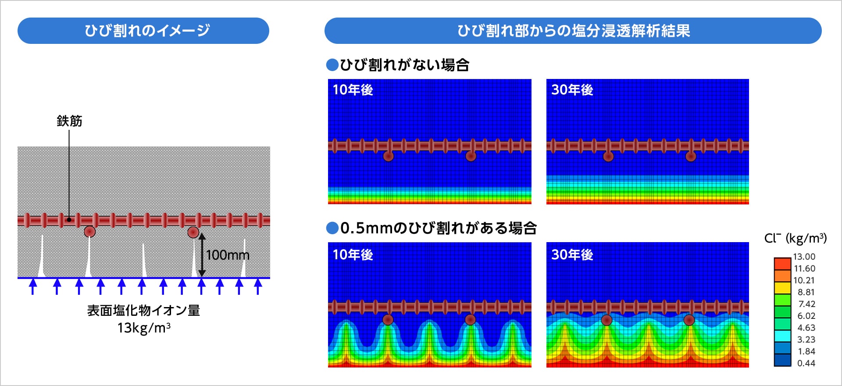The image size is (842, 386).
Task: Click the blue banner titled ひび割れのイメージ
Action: pyautogui.click(x=143, y=31)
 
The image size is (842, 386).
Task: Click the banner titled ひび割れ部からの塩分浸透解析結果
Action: pyautogui.click(x=573, y=31)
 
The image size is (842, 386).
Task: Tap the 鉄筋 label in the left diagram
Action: pyautogui.click(x=69, y=121)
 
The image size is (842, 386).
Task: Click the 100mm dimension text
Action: pyautogui.click(x=228, y=255)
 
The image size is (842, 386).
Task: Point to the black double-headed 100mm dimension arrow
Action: pyautogui.click(x=202, y=255)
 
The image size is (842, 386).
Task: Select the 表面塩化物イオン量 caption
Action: pyautogui.click(x=143, y=311)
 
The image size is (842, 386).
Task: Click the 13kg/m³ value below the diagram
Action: pyautogui.click(x=143, y=328)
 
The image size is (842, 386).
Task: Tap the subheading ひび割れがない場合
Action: pyautogui.click(x=398, y=65)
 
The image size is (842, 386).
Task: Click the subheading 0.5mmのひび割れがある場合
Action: pyautogui.click(x=432, y=228)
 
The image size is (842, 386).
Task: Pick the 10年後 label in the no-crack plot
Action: pyautogui.click(x=353, y=90)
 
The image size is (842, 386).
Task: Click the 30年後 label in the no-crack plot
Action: pyautogui.click(x=572, y=90)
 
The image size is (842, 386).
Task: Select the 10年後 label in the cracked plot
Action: pyautogui.click(x=353, y=255)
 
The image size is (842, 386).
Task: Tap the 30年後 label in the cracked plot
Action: pyautogui.click(x=572, y=255)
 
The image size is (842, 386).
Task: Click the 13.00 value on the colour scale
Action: pyautogui.click(x=804, y=257)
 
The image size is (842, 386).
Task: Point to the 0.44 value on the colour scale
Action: pyautogui.click(x=806, y=363)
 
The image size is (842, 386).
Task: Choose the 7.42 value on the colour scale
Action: pyautogui.click(x=806, y=304)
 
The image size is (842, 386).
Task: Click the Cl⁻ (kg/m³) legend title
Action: pyautogui.click(x=796, y=238)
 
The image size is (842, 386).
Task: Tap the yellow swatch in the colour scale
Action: pyautogui.click(x=782, y=288)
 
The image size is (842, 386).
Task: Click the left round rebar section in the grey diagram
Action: pyautogui.click(x=89, y=232)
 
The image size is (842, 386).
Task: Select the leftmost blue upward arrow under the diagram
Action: pyautogui.click(x=33, y=287)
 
